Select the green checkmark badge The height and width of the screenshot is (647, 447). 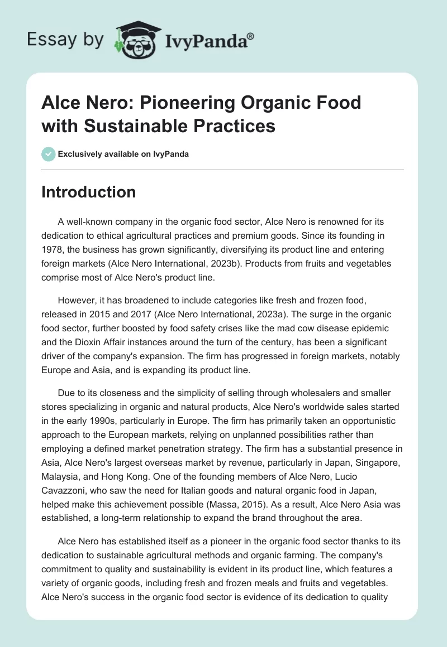pyautogui.click(x=49, y=154)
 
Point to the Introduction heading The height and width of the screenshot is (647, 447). pyautogui.click(x=89, y=192)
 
